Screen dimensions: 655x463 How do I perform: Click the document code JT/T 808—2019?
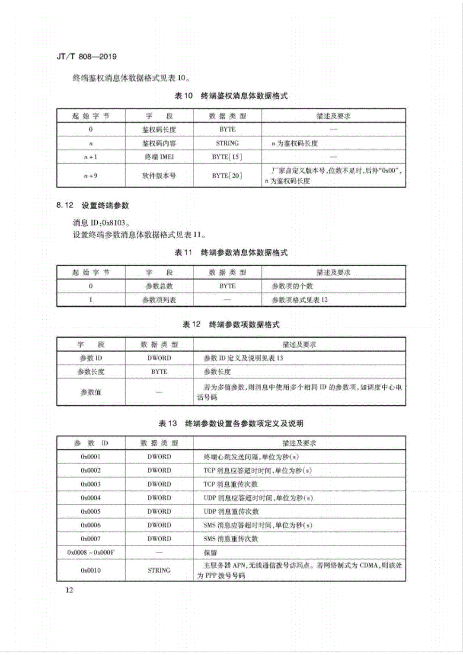point(86,57)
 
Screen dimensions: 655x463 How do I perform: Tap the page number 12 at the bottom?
point(69,590)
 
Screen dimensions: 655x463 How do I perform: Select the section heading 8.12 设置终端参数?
point(93,205)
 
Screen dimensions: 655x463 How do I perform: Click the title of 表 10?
point(231,96)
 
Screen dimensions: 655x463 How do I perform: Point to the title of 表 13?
point(231,423)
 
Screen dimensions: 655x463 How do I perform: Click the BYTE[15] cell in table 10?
point(227,157)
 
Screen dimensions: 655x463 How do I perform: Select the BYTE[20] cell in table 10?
point(227,176)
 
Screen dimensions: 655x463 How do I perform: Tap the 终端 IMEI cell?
point(159,157)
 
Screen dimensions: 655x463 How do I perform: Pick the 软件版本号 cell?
point(159,176)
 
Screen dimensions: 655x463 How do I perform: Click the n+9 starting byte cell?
point(91,176)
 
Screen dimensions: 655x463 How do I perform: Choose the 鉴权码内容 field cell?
point(159,143)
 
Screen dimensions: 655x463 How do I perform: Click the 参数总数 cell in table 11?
point(159,286)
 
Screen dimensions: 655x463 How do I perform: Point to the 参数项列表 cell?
point(159,300)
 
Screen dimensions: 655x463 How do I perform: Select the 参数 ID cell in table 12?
point(91,358)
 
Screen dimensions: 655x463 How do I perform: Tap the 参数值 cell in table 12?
point(91,392)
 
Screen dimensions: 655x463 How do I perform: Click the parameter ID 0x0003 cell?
point(91,484)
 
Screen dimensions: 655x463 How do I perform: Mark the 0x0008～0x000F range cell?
point(91,553)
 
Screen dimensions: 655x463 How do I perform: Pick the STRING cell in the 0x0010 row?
point(159,570)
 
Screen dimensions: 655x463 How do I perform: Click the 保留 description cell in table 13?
point(211,553)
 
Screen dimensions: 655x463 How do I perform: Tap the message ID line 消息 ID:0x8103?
point(101,223)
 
